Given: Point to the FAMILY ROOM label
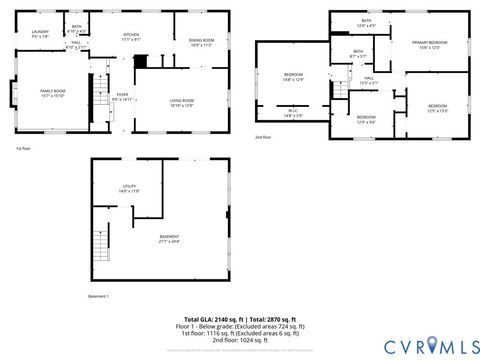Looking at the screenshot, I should [53, 93].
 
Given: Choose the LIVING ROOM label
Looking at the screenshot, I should [181, 102].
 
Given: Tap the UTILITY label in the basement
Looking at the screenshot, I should [130, 187].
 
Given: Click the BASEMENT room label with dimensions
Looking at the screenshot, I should [169, 239].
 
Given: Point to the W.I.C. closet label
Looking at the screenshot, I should [293, 113].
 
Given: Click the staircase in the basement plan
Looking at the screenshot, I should [100, 243].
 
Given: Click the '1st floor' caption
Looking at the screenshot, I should [23, 149].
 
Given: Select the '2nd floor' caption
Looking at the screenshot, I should [262, 136].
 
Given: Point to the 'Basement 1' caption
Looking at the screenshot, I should [98, 296].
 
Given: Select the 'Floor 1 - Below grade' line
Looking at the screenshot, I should [240, 326].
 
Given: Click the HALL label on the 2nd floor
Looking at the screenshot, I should [368, 79].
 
